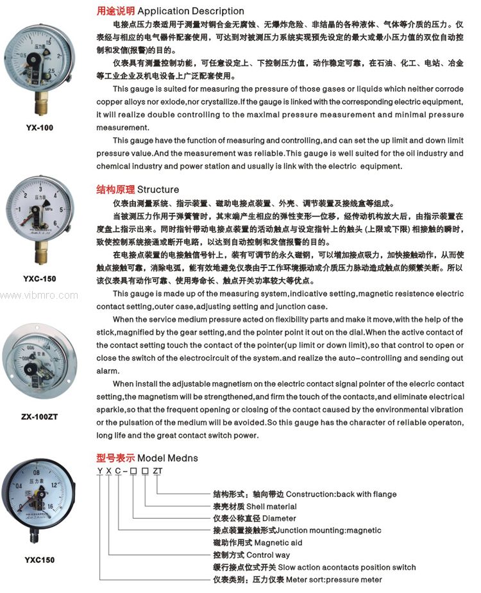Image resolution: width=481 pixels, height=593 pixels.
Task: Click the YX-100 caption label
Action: coord(40,127)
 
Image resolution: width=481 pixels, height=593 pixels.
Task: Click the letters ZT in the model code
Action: coord(158,471)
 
